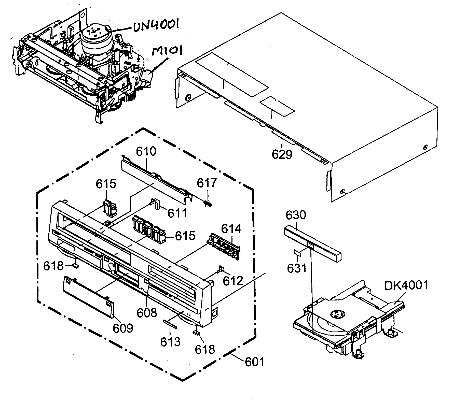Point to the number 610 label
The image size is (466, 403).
(x=146, y=152)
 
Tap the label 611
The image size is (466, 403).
(x=177, y=213)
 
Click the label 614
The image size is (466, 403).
(x=231, y=229)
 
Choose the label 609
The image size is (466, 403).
(x=123, y=328)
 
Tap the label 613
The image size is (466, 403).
(x=170, y=342)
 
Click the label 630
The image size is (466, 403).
(x=296, y=215)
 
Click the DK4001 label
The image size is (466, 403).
(x=406, y=286)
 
